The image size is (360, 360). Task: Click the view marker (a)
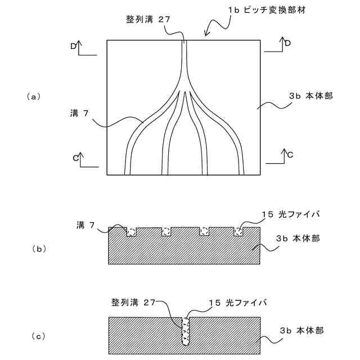[34, 97]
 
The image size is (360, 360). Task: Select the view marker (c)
[34, 336]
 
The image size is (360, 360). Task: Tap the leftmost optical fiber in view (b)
[132, 232]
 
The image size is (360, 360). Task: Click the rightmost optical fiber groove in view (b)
[238, 231]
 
